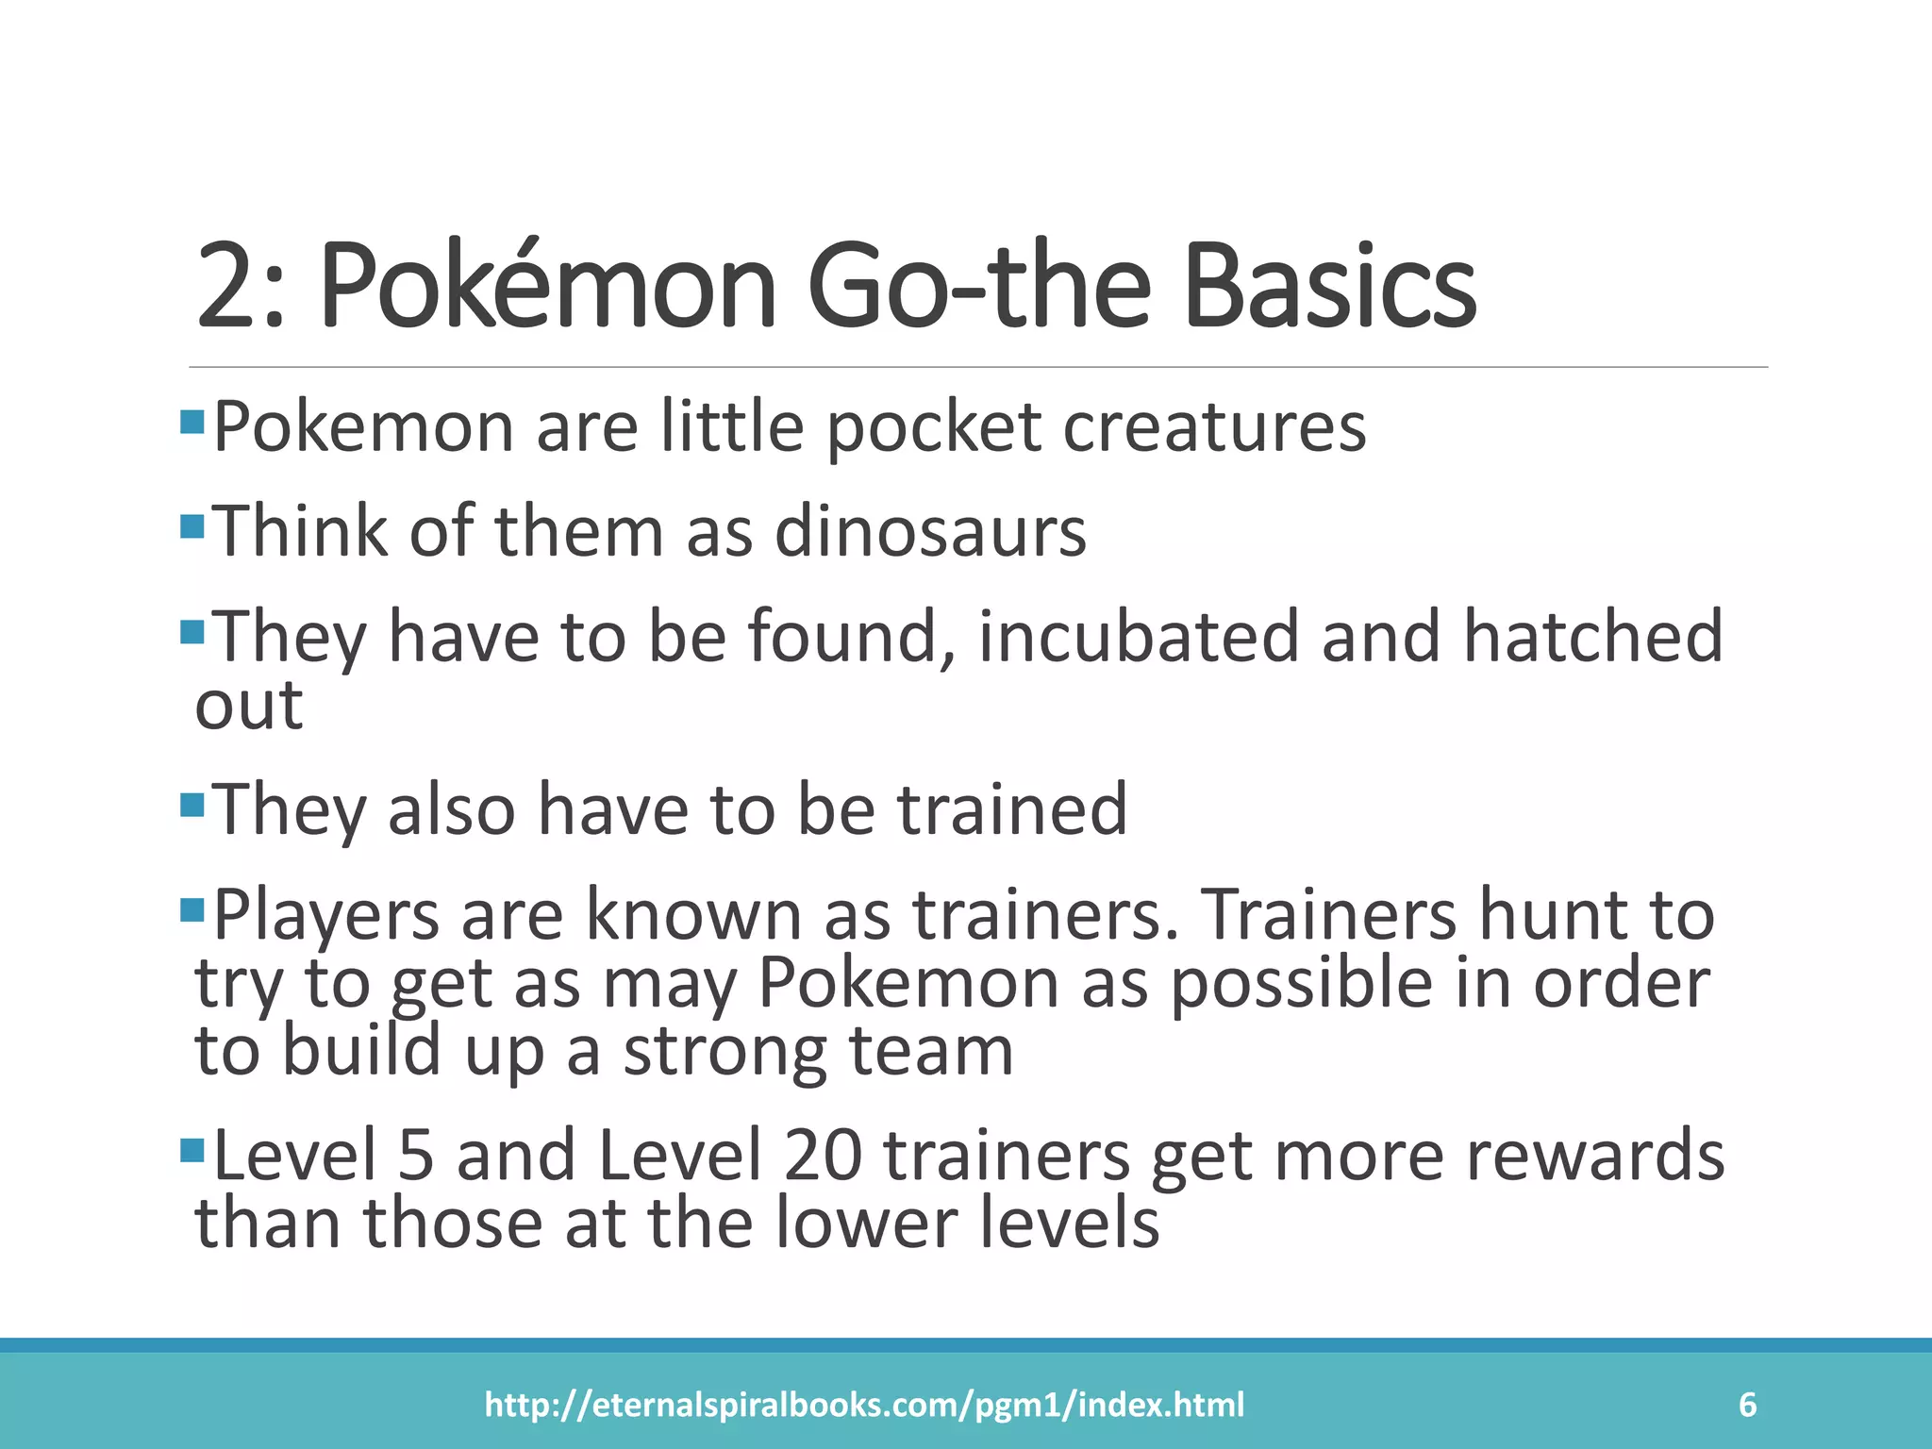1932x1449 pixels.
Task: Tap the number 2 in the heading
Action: click(230, 287)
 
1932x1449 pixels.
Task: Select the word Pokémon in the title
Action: click(547, 285)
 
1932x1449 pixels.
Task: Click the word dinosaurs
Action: click(930, 532)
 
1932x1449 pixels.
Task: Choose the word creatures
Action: click(1214, 428)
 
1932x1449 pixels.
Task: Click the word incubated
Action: click(1139, 637)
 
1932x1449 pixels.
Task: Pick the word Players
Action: click(326, 915)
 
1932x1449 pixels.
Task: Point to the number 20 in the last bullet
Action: click(822, 1157)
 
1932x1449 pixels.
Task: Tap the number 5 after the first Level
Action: click(416, 1157)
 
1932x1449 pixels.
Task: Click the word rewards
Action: click(1594, 1157)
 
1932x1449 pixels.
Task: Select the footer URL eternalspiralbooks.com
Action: click(864, 1405)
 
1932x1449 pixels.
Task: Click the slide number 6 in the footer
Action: click(1747, 1405)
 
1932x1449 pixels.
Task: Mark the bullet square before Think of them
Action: click(192, 525)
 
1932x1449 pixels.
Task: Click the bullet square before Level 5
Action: click(192, 1150)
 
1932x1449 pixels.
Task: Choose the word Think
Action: click(301, 532)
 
